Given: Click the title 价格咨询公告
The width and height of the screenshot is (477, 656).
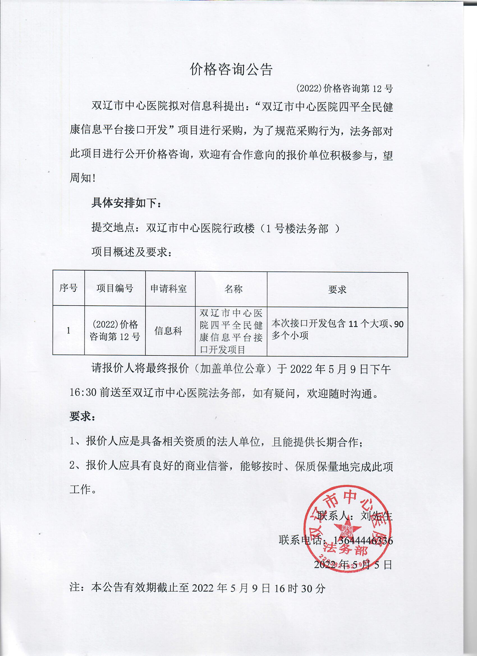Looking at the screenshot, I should click(x=231, y=69).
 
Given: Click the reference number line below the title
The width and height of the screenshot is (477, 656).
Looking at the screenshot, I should click(x=344, y=89).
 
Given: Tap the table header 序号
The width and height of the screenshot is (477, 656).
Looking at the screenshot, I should click(x=68, y=288).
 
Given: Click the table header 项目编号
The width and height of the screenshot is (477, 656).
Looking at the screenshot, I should click(x=115, y=288).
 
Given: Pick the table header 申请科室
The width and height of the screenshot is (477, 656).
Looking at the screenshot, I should click(x=169, y=289).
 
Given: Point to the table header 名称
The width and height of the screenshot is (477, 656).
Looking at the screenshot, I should click(x=233, y=289).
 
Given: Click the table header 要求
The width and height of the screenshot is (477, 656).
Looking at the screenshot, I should click(x=337, y=290).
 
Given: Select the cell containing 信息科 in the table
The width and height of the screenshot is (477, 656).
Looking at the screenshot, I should click(x=168, y=331).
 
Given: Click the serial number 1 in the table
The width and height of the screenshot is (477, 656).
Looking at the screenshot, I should click(x=68, y=331).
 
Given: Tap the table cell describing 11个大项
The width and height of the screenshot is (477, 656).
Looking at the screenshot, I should click(x=337, y=330).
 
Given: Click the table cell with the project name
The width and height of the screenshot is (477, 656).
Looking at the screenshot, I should click(x=231, y=331).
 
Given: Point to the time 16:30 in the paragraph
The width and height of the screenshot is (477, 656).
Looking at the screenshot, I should click(x=83, y=393).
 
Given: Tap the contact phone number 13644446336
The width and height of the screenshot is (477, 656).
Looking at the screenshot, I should click(x=363, y=540).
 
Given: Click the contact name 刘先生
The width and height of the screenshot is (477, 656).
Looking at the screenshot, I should click(x=376, y=516).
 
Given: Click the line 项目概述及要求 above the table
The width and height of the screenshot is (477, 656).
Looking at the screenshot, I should click(x=132, y=252).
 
